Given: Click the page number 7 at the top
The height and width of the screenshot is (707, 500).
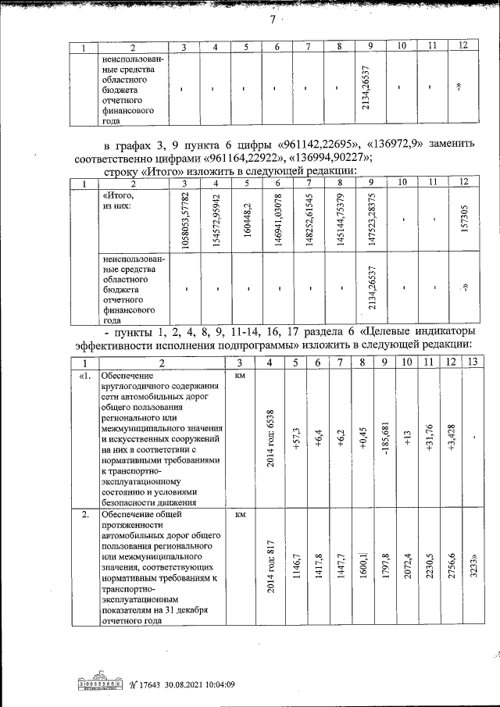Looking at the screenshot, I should pos(273,21).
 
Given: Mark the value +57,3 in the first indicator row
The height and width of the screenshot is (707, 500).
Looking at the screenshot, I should pos(296,438).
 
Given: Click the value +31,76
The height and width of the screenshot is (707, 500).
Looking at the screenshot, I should pos(430,438).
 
